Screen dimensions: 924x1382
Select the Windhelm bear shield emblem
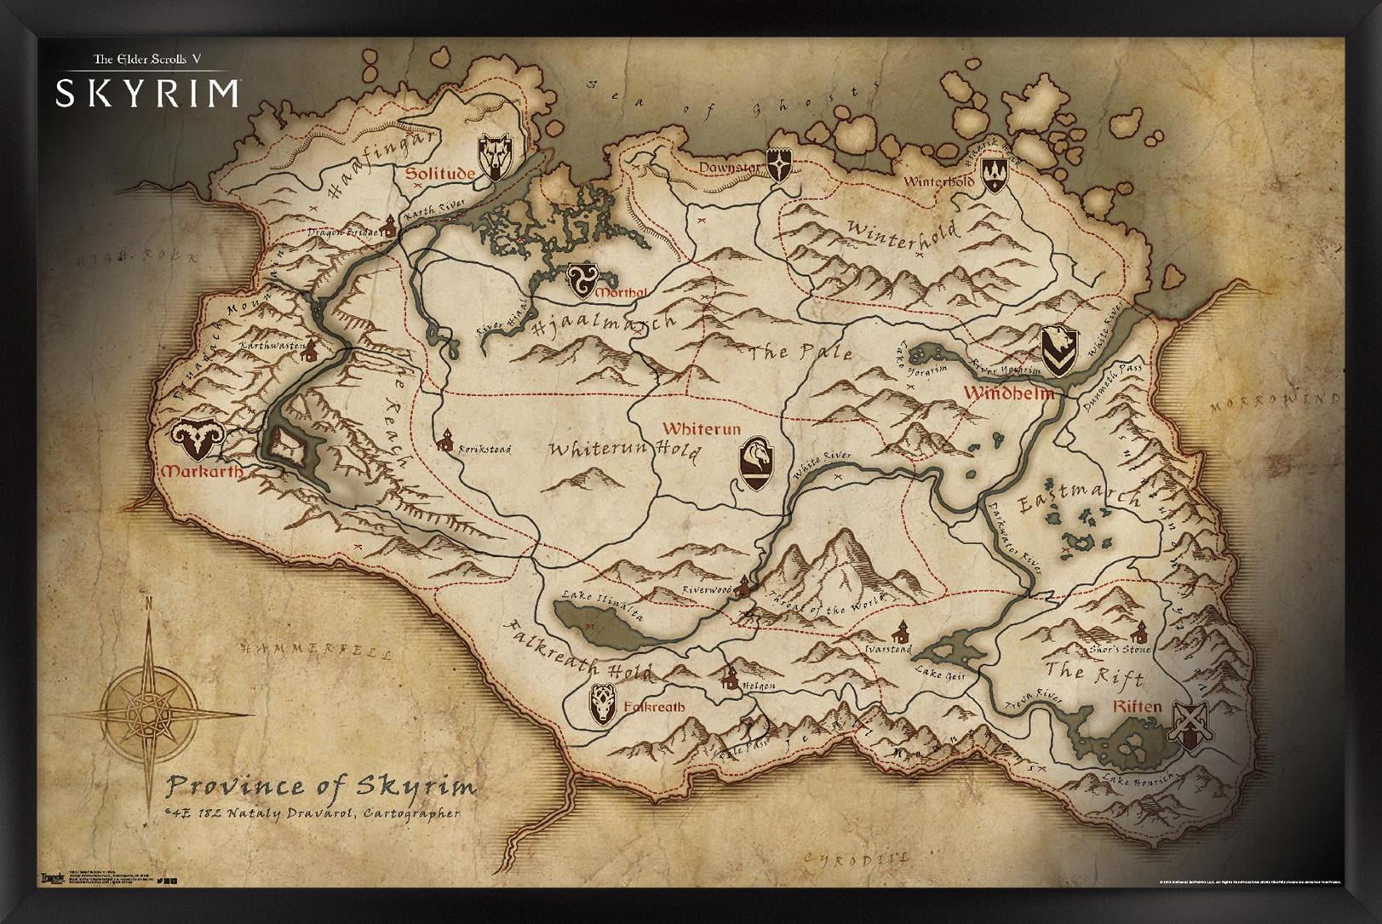(1059, 351)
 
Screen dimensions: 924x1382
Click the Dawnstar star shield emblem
(779, 164)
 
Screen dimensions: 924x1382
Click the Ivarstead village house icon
(900, 632)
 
